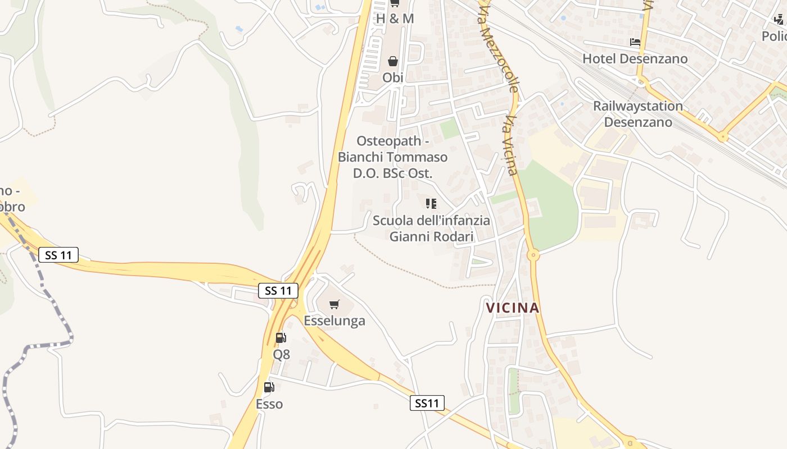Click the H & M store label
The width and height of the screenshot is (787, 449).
tap(395, 19)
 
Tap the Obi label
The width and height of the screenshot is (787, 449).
tap(393, 77)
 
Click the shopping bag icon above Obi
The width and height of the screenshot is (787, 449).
tap(393, 61)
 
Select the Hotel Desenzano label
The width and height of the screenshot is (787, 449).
tap(635, 58)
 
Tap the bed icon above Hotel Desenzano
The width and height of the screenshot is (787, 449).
tap(635, 42)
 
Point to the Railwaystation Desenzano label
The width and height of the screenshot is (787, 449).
tap(638, 114)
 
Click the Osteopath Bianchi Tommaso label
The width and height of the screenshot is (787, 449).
tap(393, 157)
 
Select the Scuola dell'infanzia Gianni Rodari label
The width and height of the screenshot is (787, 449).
tap(431, 228)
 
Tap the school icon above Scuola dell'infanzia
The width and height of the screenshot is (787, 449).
tap(431, 204)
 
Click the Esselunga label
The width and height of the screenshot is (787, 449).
tap(334, 320)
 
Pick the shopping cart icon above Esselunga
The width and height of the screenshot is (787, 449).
tap(334, 304)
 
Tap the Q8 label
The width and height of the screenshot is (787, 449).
tap(282, 354)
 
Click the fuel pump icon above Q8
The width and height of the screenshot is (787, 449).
tap(281, 337)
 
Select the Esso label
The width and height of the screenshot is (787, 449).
tap(269, 404)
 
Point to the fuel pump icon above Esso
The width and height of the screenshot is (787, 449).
tap(269, 387)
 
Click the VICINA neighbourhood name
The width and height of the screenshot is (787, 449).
tap(513, 308)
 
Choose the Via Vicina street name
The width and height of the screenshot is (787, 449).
tap(511, 145)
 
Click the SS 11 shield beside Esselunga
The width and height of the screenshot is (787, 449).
tap(278, 291)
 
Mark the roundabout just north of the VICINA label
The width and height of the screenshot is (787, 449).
tap(533, 255)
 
